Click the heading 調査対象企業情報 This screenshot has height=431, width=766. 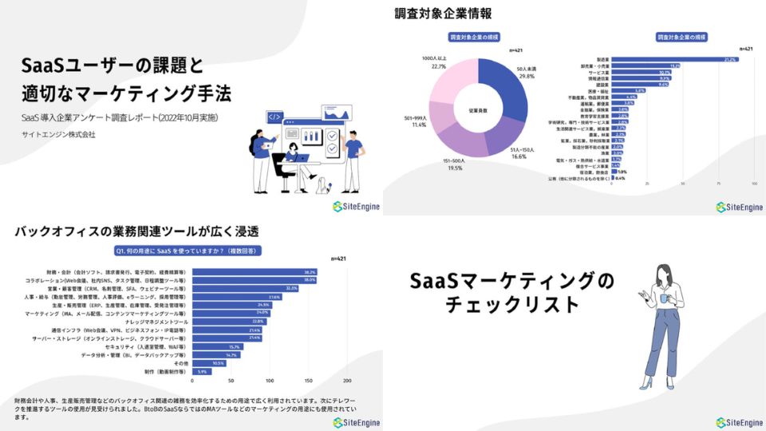(443, 14)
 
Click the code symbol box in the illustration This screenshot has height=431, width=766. (274, 117)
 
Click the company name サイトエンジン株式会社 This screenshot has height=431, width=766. (59, 134)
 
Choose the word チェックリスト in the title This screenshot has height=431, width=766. (511, 305)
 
